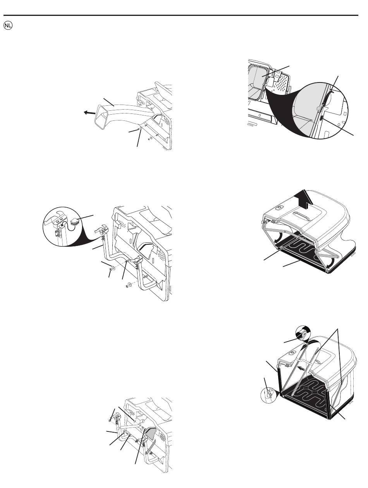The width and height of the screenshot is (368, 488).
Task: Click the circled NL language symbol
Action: pyautogui.click(x=8, y=26)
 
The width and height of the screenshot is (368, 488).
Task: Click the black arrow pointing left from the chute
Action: pyautogui.click(x=89, y=113)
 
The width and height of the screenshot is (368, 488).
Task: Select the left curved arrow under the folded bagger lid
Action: pyautogui.click(x=279, y=238)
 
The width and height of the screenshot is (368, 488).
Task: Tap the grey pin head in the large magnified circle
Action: pyautogui.click(x=318, y=108)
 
